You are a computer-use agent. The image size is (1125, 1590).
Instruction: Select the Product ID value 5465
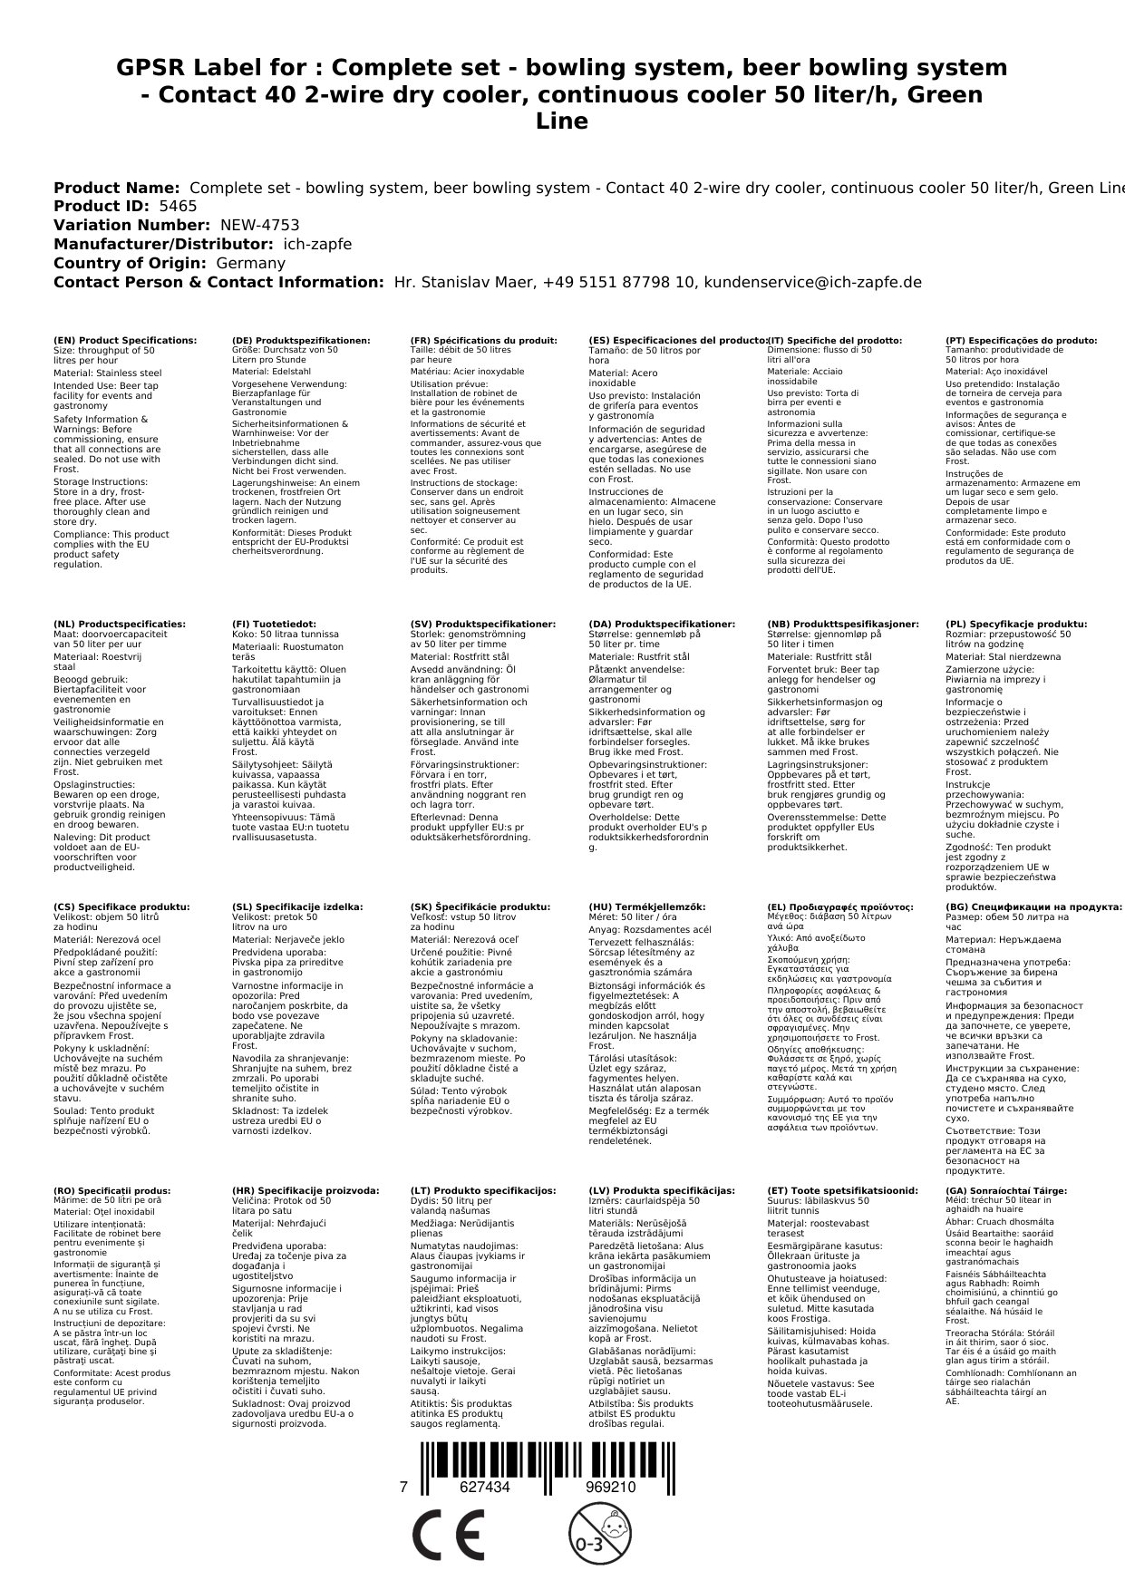click(178, 206)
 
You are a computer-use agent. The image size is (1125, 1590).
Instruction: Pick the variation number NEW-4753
click(259, 225)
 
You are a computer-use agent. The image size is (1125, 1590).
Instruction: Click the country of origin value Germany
click(250, 263)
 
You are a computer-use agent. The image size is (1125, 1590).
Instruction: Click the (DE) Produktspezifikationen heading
click(301, 341)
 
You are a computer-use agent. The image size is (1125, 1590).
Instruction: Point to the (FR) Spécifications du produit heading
click(483, 341)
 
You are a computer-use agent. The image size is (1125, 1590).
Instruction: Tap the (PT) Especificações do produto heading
click(1021, 341)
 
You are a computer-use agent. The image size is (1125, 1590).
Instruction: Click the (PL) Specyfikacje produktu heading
click(1016, 625)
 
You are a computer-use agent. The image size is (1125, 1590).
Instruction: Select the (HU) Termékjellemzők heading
click(646, 906)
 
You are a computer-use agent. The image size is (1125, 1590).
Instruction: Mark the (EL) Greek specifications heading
click(840, 906)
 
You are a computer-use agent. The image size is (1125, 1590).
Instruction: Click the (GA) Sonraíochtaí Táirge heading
click(1006, 1191)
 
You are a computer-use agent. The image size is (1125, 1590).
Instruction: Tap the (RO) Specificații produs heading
click(112, 1191)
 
